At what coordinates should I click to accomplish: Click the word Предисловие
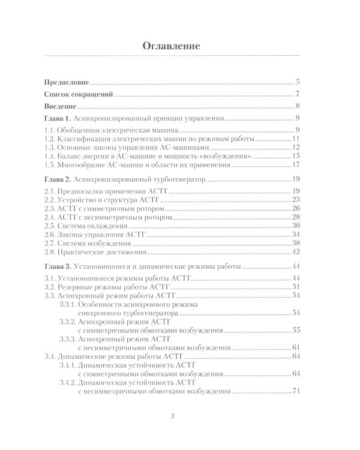coord(66,82)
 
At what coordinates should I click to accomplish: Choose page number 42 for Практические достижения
coord(296,251)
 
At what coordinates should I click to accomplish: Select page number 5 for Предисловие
coord(298,82)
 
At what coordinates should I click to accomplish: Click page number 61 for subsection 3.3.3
coord(296,348)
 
